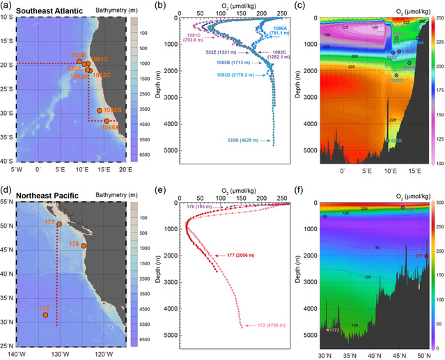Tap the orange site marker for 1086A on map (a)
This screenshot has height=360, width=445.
107,120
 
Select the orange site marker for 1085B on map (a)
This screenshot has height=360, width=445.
100,110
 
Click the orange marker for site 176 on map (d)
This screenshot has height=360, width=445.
84,245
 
